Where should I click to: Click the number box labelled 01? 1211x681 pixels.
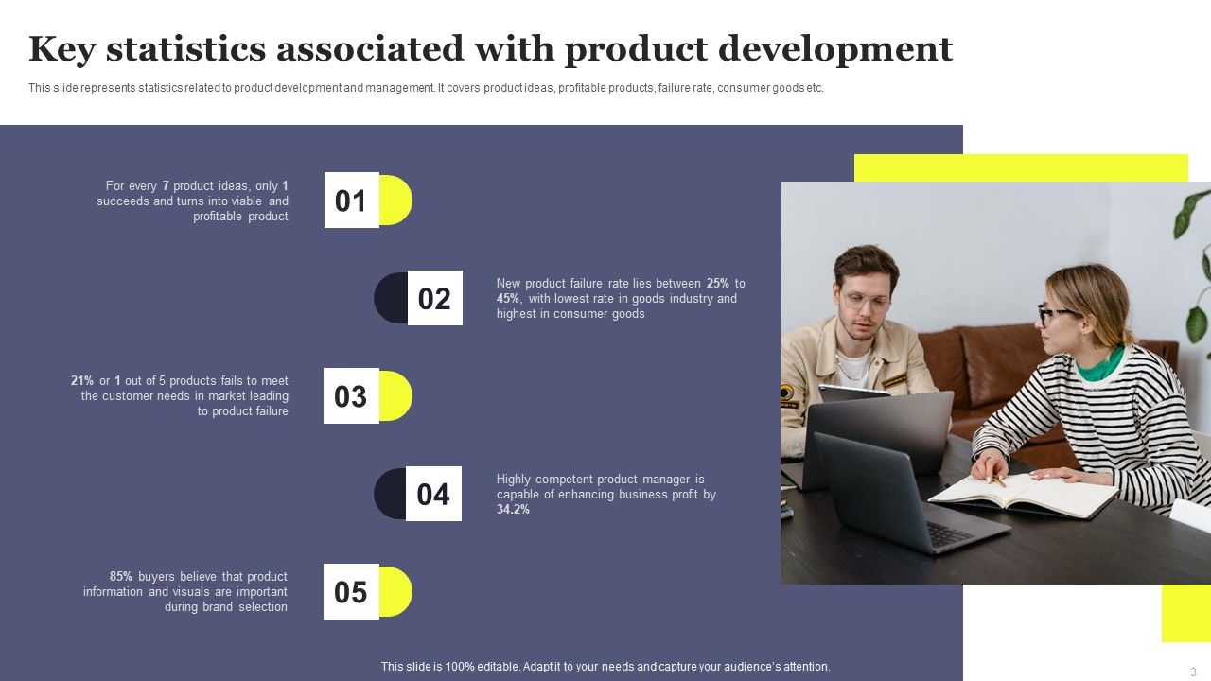pos(351,201)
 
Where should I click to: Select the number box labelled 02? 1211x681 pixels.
pos(434,299)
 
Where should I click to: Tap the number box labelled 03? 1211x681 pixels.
pos(351,396)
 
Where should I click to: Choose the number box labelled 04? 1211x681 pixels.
pos(433,494)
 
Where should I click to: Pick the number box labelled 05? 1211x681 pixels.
pos(351,592)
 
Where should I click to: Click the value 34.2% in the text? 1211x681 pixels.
pos(513,510)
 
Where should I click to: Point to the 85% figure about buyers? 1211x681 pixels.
pos(121,576)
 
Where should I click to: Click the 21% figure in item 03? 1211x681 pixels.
pos(82,381)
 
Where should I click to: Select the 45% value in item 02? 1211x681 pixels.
pos(509,299)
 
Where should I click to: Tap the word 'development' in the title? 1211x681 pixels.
pos(835,48)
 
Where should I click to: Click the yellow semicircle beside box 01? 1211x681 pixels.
pos(396,201)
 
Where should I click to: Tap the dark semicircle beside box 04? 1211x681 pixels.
pos(389,494)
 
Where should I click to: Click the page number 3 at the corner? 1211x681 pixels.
pos(1193,672)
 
